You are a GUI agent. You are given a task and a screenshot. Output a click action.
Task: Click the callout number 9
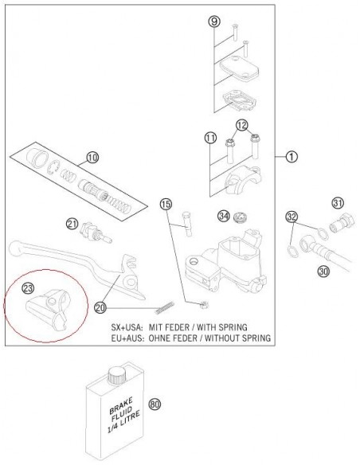(x=214, y=21)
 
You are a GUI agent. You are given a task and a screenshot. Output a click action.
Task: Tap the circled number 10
(x=92, y=158)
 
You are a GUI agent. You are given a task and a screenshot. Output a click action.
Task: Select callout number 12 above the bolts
(x=241, y=126)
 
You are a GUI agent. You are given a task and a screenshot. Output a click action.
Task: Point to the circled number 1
(x=292, y=156)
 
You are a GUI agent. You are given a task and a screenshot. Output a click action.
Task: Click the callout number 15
(x=166, y=204)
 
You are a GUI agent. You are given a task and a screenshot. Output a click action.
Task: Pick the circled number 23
(x=28, y=288)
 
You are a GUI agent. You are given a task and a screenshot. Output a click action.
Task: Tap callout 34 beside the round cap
(x=224, y=216)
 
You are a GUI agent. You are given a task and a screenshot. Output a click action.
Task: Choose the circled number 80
(x=155, y=404)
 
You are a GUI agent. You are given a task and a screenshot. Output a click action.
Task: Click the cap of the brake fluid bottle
(x=116, y=374)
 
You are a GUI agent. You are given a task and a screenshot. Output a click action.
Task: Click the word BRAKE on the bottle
(x=121, y=406)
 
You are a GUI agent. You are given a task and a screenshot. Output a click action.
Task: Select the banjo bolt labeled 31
(x=342, y=224)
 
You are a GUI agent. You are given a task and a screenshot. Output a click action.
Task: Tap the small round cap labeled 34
(x=240, y=218)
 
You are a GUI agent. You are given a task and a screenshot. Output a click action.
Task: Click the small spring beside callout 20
(x=165, y=307)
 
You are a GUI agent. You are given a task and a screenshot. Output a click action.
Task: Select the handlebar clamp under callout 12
(x=243, y=179)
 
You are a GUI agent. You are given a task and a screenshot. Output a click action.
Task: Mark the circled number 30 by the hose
(x=323, y=271)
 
